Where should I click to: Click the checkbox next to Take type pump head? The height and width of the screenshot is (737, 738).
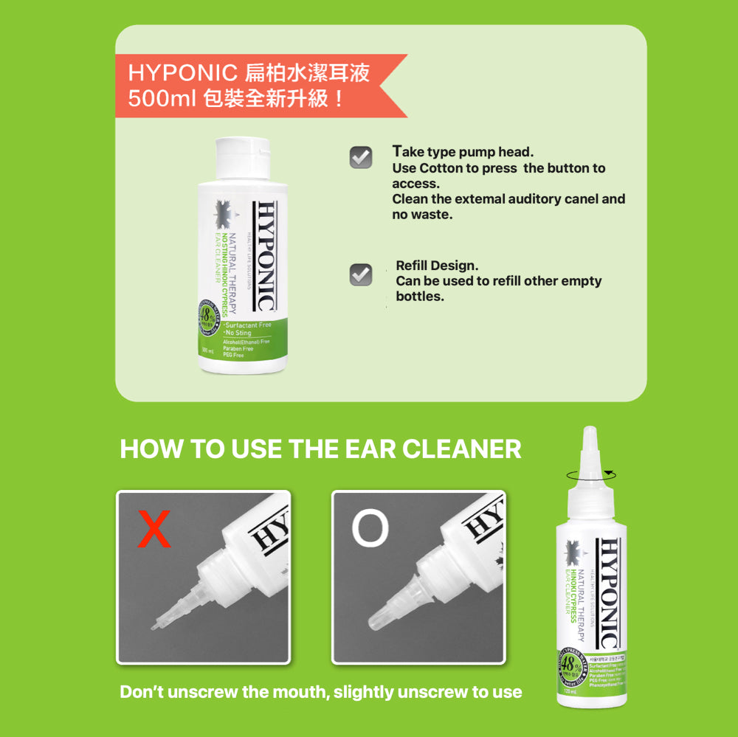point(360,157)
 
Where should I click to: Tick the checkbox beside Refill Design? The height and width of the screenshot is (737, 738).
point(360,274)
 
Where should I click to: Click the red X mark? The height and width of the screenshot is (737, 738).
point(154,529)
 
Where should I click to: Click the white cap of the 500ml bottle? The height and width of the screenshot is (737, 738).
point(242,156)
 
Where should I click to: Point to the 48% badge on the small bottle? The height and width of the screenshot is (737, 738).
point(570,663)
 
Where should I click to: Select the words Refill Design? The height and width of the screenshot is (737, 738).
point(437,266)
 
